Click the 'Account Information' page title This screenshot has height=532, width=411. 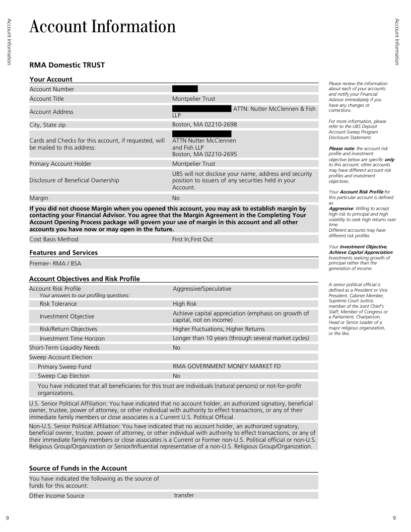103,26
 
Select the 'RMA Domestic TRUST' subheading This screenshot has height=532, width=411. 67,65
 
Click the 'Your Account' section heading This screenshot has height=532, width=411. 51,79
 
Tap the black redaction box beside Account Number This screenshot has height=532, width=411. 185,89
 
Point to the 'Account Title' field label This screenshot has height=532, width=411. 47,99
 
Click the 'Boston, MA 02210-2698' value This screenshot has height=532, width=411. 204,124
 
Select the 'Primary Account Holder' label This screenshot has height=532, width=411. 60,164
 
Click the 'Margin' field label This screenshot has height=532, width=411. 39,198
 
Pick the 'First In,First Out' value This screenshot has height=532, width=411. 192,239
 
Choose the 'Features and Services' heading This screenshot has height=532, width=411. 63,252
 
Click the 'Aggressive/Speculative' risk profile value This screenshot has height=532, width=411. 202,289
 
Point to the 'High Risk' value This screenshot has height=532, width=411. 185,304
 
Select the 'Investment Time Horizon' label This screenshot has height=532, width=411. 72,338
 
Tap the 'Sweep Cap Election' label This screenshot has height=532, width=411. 63,376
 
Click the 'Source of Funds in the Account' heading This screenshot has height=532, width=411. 78,468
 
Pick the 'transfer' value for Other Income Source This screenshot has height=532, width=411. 184,495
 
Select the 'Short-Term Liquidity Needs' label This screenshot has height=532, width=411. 64,348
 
